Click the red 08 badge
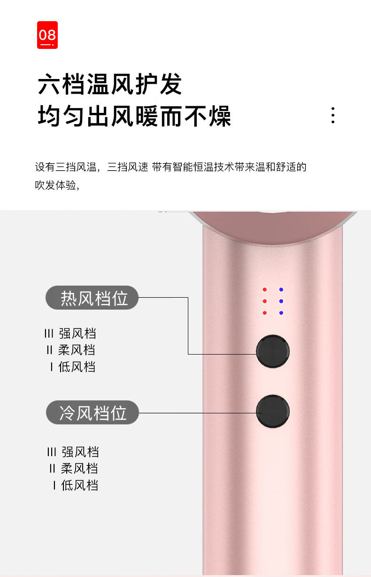(x=47, y=35)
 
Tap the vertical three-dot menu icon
(x=332, y=115)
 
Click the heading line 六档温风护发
(x=110, y=85)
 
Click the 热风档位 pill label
(x=93, y=298)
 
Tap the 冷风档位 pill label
(x=93, y=412)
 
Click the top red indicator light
(x=265, y=290)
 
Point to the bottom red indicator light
(x=265, y=313)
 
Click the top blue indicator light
(x=281, y=290)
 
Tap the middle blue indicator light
(x=281, y=301)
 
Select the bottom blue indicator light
(x=281, y=313)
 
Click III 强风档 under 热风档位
(x=70, y=334)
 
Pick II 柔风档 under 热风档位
(x=70, y=350)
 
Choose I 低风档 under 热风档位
(x=72, y=366)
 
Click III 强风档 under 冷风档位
(x=73, y=452)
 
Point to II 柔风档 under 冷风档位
(x=73, y=468)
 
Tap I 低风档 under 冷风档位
(x=75, y=485)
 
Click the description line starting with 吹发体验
(x=57, y=185)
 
